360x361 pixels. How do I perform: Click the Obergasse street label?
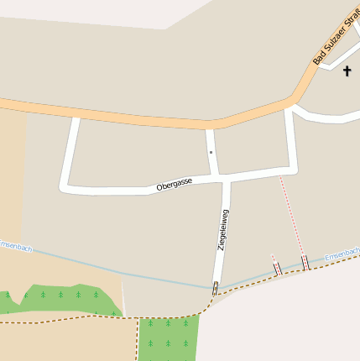(175, 185)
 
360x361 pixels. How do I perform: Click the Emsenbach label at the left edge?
(15, 246)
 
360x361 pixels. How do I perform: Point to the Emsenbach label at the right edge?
(342, 252)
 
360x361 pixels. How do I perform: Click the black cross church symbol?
(347, 70)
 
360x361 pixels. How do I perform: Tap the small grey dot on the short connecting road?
(211, 152)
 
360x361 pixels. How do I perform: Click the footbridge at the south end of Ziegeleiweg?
(216, 289)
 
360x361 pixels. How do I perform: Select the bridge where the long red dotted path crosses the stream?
(305, 263)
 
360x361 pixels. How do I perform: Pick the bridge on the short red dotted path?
(277, 269)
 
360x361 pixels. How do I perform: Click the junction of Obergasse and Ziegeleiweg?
(225, 178)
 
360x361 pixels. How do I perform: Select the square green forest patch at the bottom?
(169, 337)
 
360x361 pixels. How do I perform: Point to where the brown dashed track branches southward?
(138, 319)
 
